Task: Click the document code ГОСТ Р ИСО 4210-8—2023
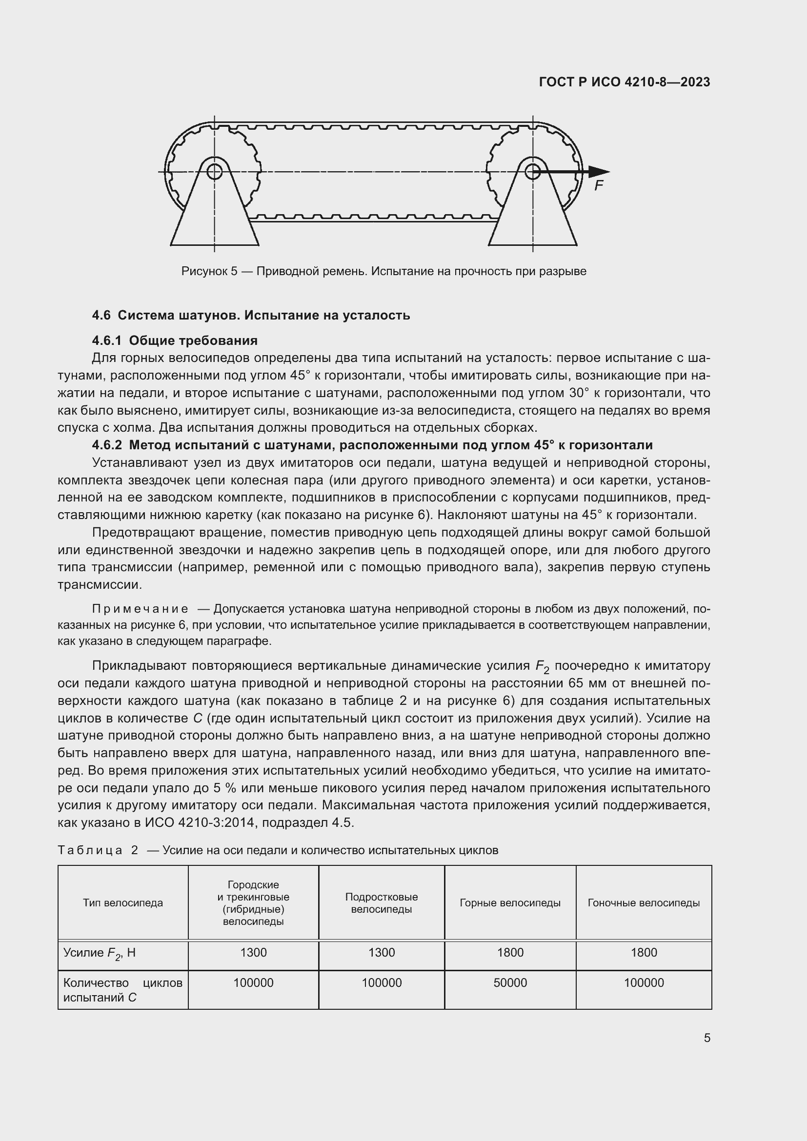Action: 624,82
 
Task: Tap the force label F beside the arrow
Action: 599,186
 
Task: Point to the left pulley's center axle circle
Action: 214,171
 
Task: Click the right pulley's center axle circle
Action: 533,171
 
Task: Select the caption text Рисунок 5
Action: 209,271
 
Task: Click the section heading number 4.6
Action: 101,315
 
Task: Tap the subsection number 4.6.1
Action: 106,340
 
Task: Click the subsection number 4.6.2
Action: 106,445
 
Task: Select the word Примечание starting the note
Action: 140,609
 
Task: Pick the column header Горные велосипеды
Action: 510,902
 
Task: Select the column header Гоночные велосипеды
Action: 644,902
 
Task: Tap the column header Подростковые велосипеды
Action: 381,903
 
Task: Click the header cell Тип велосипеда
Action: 123,902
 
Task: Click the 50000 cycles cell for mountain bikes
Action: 510,982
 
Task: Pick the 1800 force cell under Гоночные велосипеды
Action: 644,952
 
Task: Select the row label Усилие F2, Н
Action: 100,953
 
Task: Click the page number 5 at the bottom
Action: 706,1038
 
